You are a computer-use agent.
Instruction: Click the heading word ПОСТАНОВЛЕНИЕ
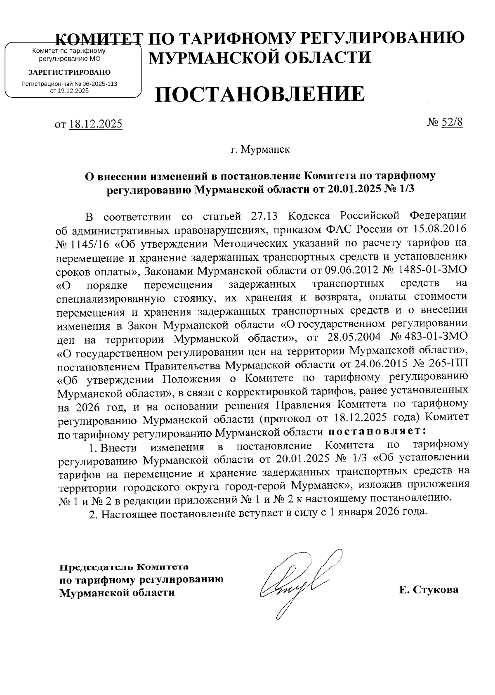pos(259,95)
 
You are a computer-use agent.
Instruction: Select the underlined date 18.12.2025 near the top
pos(96,124)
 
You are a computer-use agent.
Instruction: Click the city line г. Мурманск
pos(260,149)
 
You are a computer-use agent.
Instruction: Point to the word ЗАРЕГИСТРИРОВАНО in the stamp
pos(69,72)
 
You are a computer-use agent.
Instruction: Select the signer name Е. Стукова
pos(429,590)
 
